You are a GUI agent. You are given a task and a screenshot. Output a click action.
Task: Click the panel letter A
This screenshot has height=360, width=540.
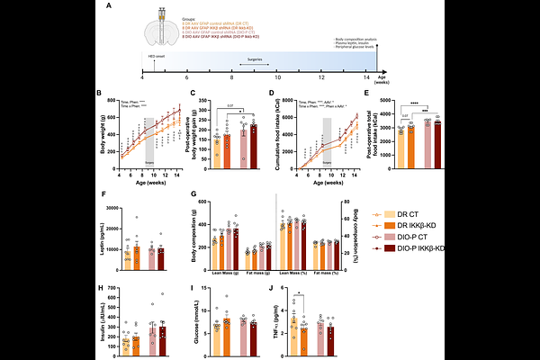pyautogui.click(x=109, y=7)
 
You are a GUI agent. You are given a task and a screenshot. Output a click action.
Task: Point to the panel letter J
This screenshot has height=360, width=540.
pyautogui.click(x=271, y=289)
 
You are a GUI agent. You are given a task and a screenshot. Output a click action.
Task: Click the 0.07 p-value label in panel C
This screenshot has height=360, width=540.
pyautogui.click(x=229, y=104)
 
